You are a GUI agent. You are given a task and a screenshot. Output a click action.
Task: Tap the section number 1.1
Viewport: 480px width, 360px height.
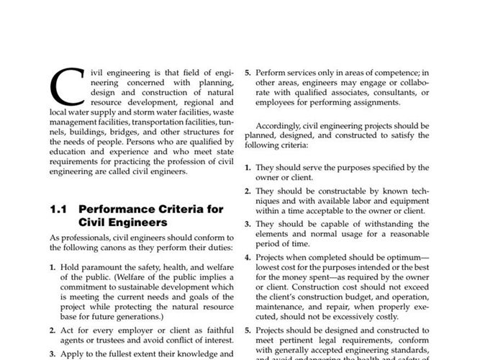(x=58, y=210)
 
